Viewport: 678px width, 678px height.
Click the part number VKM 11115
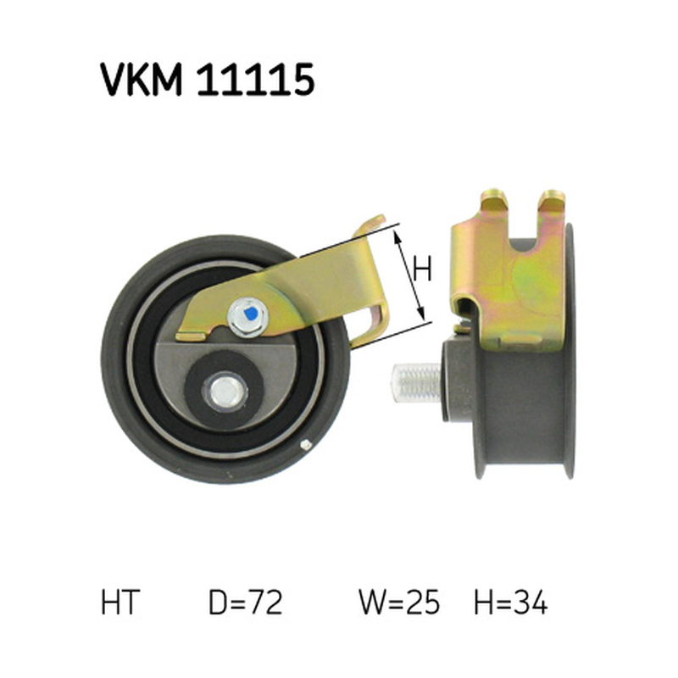[207, 79]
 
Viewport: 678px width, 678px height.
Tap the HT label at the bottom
[120, 603]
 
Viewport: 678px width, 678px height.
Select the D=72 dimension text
[245, 603]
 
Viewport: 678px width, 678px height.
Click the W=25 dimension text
[399, 603]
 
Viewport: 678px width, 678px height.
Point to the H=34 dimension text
[511, 603]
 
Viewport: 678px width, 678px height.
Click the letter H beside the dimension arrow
[422, 269]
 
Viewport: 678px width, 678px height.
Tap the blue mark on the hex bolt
[249, 313]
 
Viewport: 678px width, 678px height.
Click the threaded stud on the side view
[416, 383]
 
